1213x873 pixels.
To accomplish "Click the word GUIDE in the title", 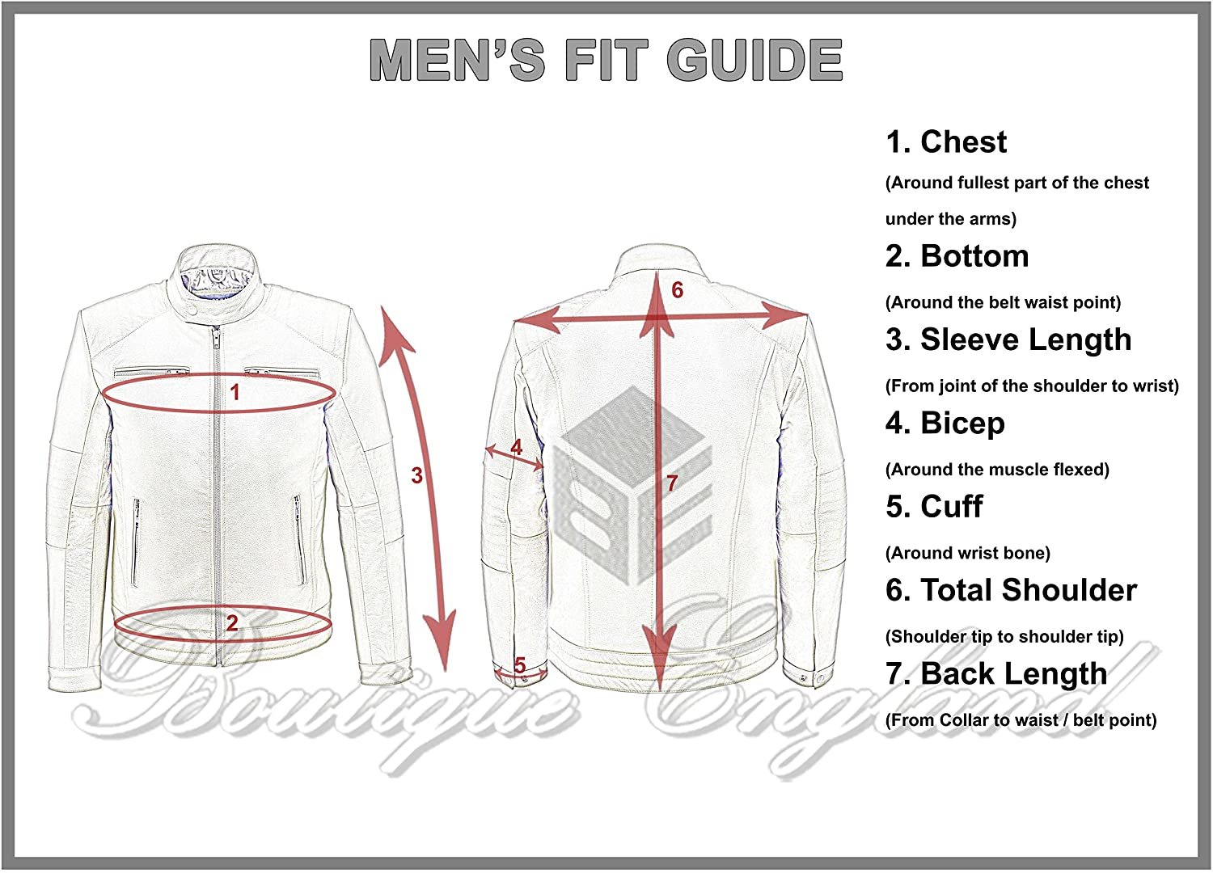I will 754,60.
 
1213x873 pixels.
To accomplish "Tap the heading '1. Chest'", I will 946,142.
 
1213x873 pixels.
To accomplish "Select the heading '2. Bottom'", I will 957,256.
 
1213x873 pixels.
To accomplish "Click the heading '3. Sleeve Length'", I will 1008,339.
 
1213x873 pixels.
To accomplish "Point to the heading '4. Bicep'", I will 945,423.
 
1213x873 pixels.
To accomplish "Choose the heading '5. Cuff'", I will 934,507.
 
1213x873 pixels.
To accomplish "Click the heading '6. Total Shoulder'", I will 1011,590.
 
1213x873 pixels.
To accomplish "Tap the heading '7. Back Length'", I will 996,673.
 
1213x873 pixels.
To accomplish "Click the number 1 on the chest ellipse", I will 235,393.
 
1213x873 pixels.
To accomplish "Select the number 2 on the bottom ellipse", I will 232,623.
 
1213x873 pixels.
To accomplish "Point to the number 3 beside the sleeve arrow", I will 416,475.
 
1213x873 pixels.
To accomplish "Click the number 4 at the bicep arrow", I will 517,447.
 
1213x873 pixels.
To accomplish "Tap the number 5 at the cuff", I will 520,664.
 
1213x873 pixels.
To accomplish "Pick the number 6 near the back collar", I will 678,289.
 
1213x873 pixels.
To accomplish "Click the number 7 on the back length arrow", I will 672,483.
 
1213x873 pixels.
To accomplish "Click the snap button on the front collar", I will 192,306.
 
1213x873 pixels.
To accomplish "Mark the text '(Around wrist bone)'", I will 967,553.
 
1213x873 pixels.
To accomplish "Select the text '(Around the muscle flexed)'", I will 997,470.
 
